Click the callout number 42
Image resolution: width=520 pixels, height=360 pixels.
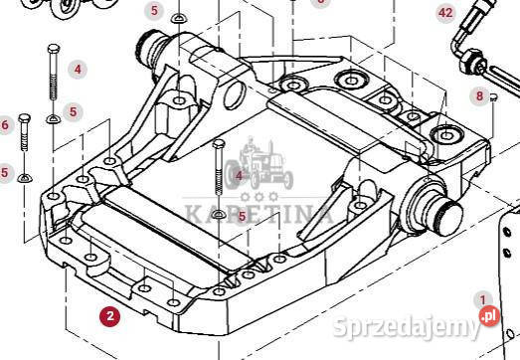[x=444, y=13]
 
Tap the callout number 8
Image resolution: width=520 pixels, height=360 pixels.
[x=479, y=96]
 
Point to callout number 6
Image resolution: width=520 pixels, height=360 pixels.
[x=5, y=124]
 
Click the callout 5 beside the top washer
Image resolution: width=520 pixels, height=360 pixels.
[x=154, y=11]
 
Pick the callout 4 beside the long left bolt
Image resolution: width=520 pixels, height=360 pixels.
[x=78, y=70]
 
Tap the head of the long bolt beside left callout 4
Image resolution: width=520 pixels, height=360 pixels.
[x=50, y=49]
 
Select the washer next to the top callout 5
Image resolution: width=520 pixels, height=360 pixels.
[x=179, y=18]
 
